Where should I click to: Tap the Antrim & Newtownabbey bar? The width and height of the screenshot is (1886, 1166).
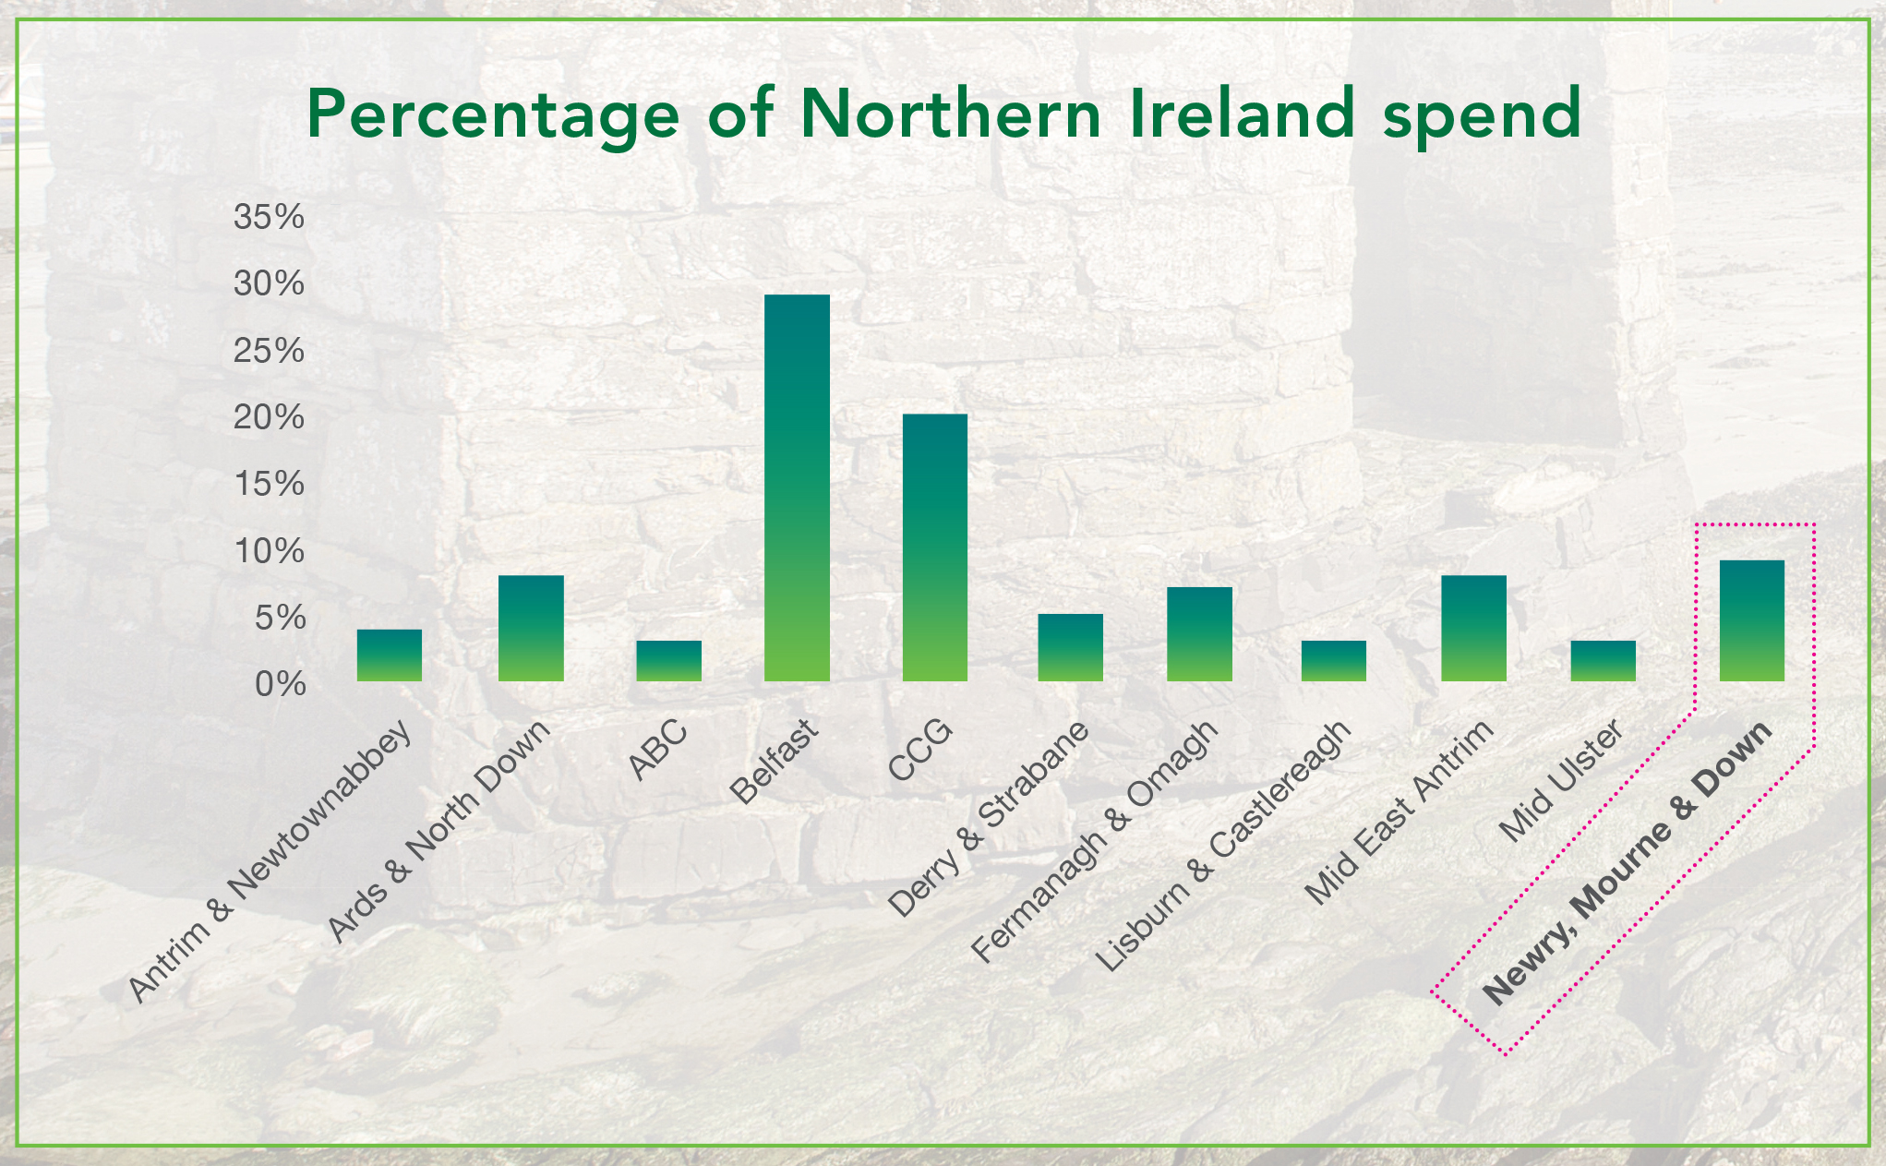[389, 655]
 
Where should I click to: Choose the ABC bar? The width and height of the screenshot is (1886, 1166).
[668, 661]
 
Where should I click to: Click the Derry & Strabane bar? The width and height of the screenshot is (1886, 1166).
[1070, 647]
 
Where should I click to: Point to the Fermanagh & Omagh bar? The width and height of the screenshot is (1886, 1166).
[1199, 634]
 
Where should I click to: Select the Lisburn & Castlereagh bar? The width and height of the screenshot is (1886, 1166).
[1333, 661]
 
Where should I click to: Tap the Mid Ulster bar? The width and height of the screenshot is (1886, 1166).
[1603, 661]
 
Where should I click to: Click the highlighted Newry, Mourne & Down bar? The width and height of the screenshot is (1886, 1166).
[1751, 620]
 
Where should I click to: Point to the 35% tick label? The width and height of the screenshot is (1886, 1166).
[269, 218]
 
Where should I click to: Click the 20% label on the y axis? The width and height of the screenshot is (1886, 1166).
[269, 418]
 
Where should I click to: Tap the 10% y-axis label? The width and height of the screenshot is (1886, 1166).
[269, 552]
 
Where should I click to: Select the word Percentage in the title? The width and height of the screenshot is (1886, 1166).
[493, 116]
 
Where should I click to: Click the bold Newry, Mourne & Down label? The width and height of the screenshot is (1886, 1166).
[1627, 862]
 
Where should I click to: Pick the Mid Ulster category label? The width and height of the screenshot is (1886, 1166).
[1560, 781]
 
